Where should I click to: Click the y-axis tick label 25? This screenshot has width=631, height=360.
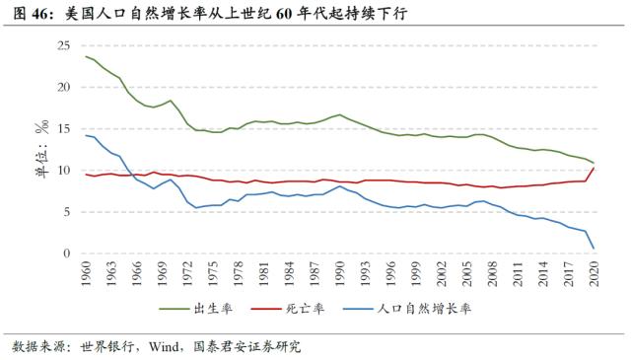pyautogui.click(x=64, y=46)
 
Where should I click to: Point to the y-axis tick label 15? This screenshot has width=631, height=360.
pyautogui.click(x=64, y=129)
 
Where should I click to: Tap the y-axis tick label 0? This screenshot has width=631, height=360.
pyautogui.click(x=67, y=253)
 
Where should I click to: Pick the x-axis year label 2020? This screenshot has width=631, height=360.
pyautogui.click(x=593, y=274)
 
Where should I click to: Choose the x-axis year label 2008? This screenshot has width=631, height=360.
pyautogui.click(x=492, y=274)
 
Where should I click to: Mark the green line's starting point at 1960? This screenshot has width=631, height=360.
pyautogui.click(x=86, y=56)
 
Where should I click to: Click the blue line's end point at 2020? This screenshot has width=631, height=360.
pyautogui.click(x=593, y=249)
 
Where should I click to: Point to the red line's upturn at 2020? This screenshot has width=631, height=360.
pyautogui.click(x=593, y=168)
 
